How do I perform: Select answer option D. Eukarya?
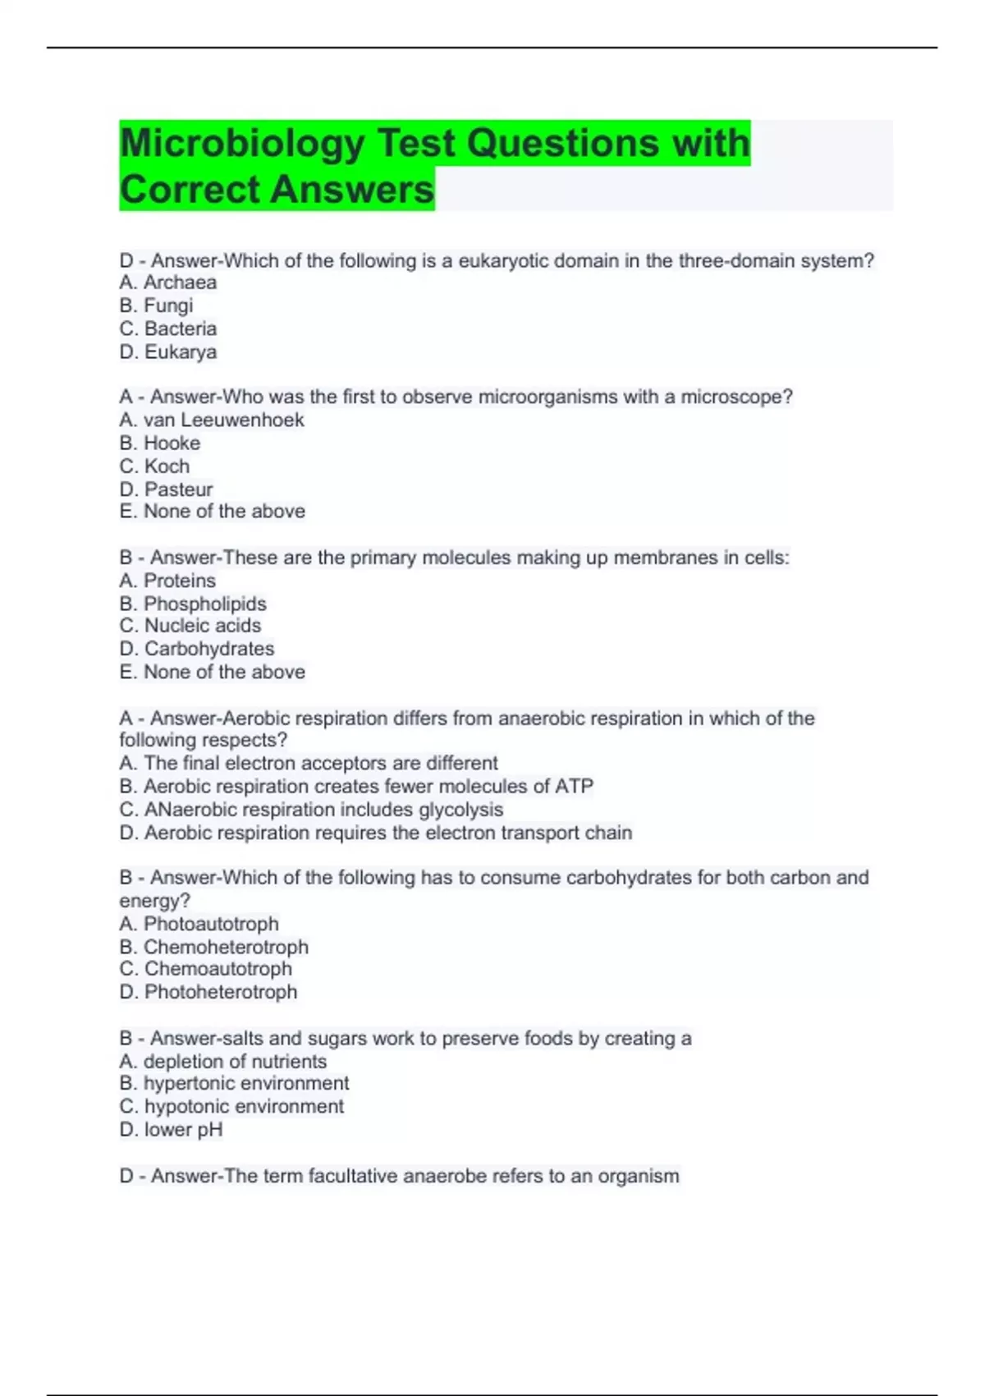(x=168, y=352)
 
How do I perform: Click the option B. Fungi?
(x=156, y=306)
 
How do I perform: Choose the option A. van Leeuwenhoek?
(x=212, y=420)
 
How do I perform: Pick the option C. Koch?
(x=154, y=466)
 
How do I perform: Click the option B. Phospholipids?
(x=193, y=604)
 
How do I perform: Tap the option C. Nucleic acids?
(x=190, y=627)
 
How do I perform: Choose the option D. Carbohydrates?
(x=197, y=650)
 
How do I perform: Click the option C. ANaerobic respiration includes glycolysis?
(x=311, y=810)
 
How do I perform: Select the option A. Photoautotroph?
(x=199, y=925)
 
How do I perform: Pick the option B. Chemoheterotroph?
(x=213, y=948)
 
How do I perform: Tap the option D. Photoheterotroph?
(x=208, y=993)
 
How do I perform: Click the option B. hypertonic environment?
(x=234, y=1084)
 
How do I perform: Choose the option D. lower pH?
(x=171, y=1130)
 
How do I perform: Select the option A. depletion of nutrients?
(x=222, y=1062)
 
